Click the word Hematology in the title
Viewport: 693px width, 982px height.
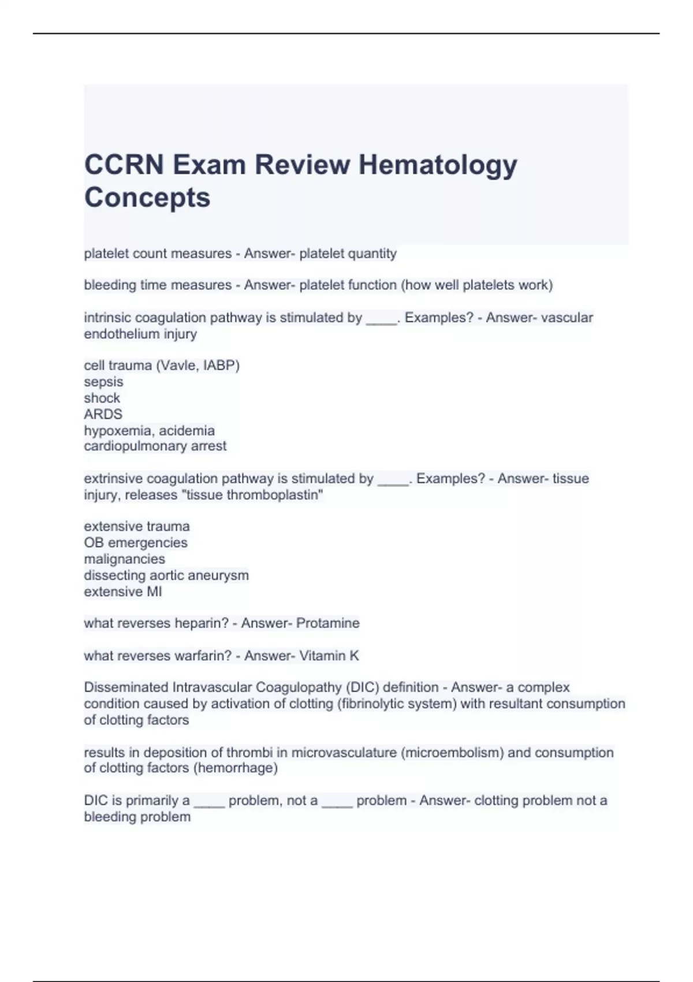[438, 165]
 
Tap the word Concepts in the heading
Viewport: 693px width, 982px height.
[147, 198]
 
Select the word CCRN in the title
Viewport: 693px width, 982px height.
[124, 165]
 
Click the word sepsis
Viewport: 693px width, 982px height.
[103, 382]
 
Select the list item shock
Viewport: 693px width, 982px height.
[102, 398]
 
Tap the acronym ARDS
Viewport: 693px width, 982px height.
[103, 414]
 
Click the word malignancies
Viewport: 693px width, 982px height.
[124, 559]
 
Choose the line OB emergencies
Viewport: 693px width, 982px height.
[136, 543]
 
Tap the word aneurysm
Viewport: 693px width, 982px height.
[222, 575]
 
